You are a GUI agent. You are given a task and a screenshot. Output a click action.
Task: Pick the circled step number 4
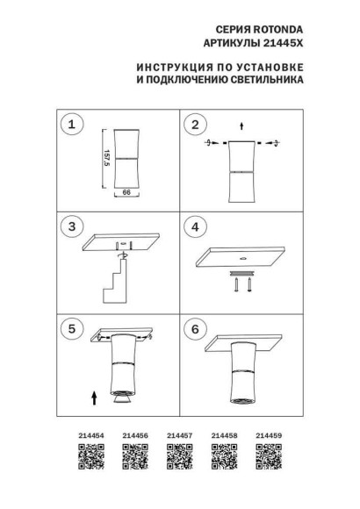(x=196, y=227)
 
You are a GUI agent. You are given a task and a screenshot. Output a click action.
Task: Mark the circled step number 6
(x=196, y=330)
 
